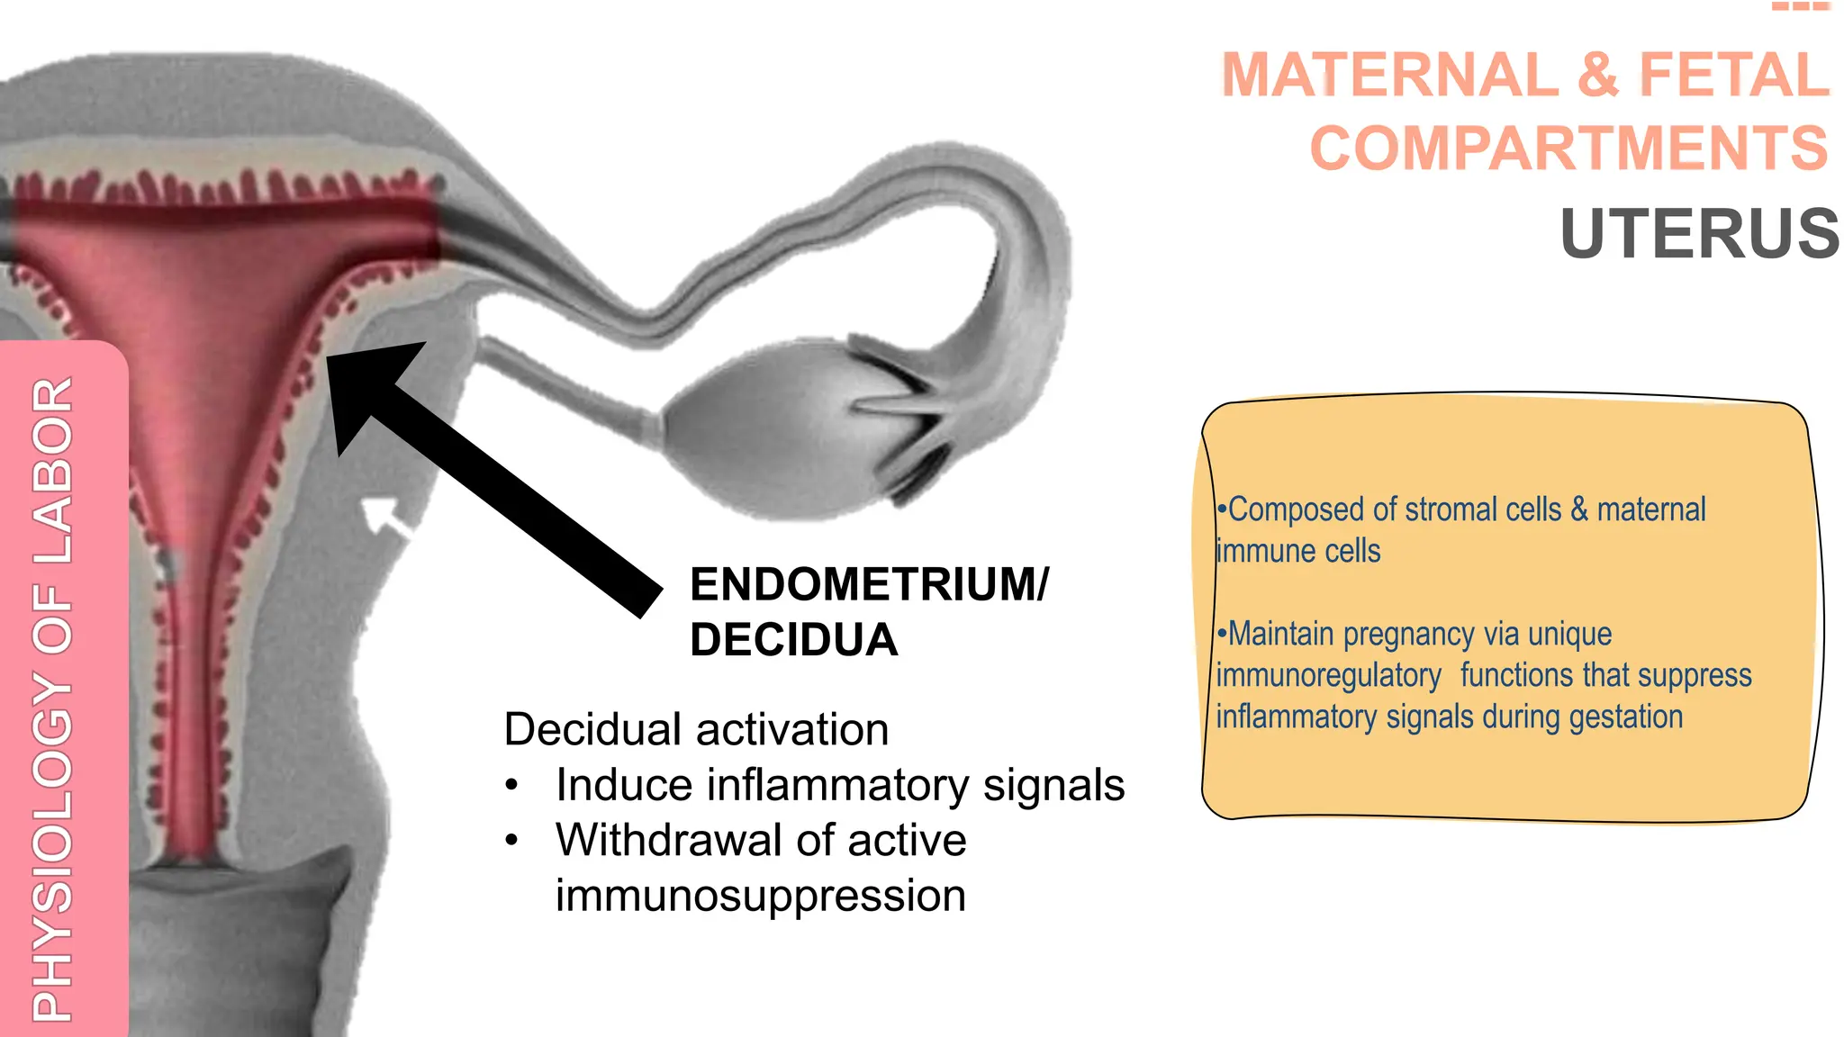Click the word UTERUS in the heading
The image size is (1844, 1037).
[1699, 234]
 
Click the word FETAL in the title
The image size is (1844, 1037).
[1734, 75]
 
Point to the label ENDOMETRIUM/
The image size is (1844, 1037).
[869, 584]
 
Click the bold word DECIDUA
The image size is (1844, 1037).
[793, 640]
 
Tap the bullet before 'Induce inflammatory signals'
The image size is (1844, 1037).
[511, 785]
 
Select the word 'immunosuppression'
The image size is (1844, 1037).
[761, 896]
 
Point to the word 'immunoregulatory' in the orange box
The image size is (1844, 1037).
[1329, 675]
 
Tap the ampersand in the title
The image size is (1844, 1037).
[1598, 75]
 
